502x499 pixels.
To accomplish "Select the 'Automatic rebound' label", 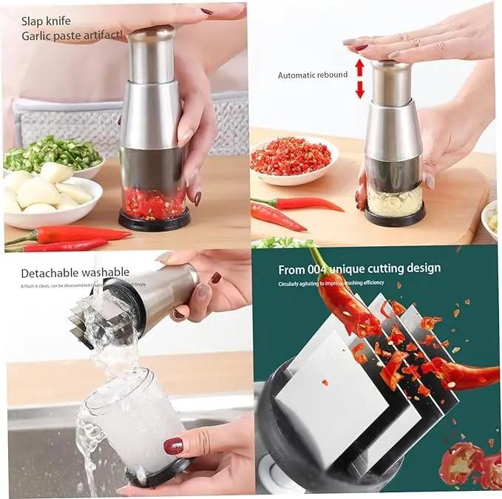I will (x=312, y=75).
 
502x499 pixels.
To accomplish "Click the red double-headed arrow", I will (x=359, y=78).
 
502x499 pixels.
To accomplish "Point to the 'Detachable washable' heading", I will (x=75, y=273).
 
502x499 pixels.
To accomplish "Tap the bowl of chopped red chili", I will (x=291, y=158).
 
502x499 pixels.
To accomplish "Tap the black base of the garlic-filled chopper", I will (x=395, y=217).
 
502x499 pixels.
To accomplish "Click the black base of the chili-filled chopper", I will (x=155, y=220).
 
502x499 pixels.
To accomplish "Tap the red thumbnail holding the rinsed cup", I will (x=173, y=446).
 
